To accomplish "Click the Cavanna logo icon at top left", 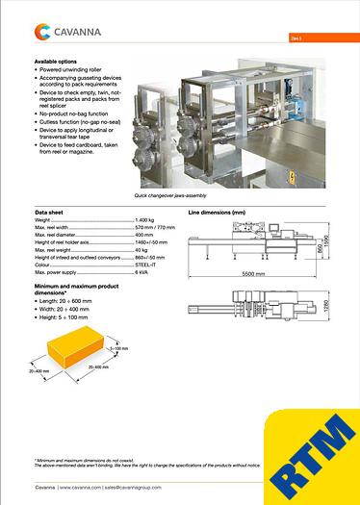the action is [x=43, y=33].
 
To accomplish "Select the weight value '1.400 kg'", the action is [x=146, y=220].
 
